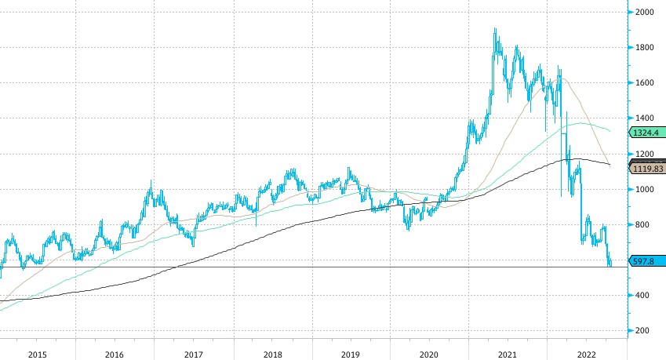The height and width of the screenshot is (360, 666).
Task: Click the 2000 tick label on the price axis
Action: pyautogui.click(x=646, y=12)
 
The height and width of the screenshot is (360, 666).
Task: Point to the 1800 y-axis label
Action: pyautogui.click(x=646, y=48)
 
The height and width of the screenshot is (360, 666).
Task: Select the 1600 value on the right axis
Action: pyautogui.click(x=646, y=83)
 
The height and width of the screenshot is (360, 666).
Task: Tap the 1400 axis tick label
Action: pyautogui.click(x=646, y=118)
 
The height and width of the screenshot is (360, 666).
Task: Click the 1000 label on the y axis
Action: pyautogui.click(x=646, y=189)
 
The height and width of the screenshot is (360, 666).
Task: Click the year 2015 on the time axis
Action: pyautogui.click(x=36, y=354)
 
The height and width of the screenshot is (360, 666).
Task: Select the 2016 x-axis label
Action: pyautogui.click(x=115, y=354)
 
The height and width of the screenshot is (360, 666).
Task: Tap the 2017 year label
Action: pyautogui.click(x=194, y=354)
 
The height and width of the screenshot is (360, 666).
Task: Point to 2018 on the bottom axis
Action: pyautogui.click(x=273, y=354)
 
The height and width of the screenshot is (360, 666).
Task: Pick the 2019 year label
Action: pyautogui.click(x=351, y=354)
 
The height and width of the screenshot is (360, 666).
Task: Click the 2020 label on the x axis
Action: pyautogui.click(x=431, y=354)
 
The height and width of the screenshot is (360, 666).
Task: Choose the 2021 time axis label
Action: pyautogui.click(x=509, y=354)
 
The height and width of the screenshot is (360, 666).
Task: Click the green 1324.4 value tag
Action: pyautogui.click(x=647, y=132)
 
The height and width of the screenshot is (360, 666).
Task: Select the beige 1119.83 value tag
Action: pyautogui.click(x=648, y=168)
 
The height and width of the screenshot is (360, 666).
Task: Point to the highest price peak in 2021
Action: pyautogui.click(x=495, y=30)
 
